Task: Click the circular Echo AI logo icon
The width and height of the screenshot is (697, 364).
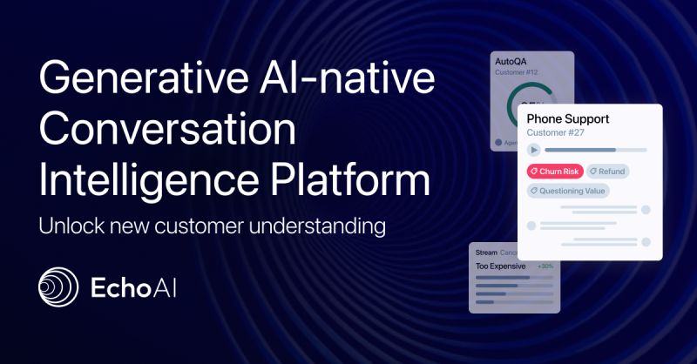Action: coord(58,288)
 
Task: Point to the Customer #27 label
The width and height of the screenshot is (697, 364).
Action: coord(557,133)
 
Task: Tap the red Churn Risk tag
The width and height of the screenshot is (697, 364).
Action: coord(555,171)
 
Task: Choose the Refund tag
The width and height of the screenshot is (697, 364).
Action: coord(607,171)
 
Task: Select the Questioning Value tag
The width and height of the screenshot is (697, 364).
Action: coord(568,190)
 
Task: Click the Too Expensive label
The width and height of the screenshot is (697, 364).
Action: coord(500,266)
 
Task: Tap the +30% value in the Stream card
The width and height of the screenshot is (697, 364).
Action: coord(545,266)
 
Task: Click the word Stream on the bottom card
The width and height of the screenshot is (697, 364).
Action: coord(486,253)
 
